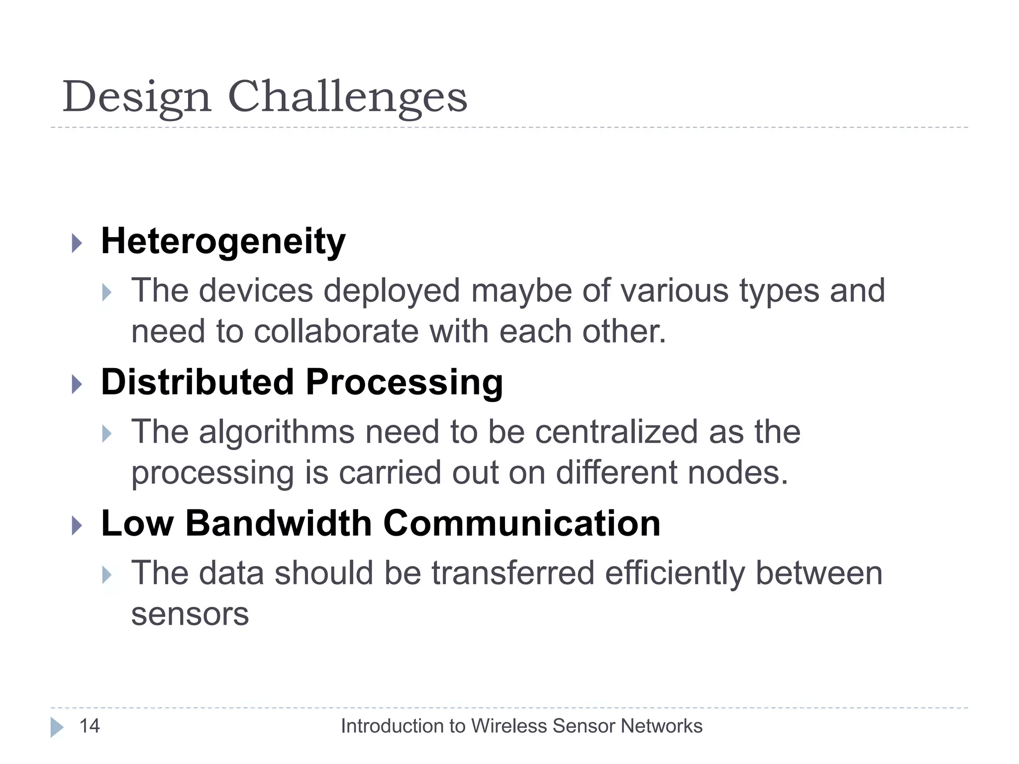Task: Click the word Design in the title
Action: pos(137,97)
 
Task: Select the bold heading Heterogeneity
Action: pos(223,242)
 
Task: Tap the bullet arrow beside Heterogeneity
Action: pos(77,243)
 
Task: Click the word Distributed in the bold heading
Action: pos(198,382)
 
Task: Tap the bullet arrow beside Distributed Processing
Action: pos(77,384)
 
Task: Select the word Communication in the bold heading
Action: pos(521,524)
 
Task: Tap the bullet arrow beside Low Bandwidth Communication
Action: pos(77,525)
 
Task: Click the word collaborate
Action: pos(336,332)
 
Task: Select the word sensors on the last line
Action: pos(190,615)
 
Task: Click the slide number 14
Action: pos(90,726)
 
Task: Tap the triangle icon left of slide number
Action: pos(57,727)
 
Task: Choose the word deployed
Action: pos(392,291)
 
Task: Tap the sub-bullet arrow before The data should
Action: pos(106,575)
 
